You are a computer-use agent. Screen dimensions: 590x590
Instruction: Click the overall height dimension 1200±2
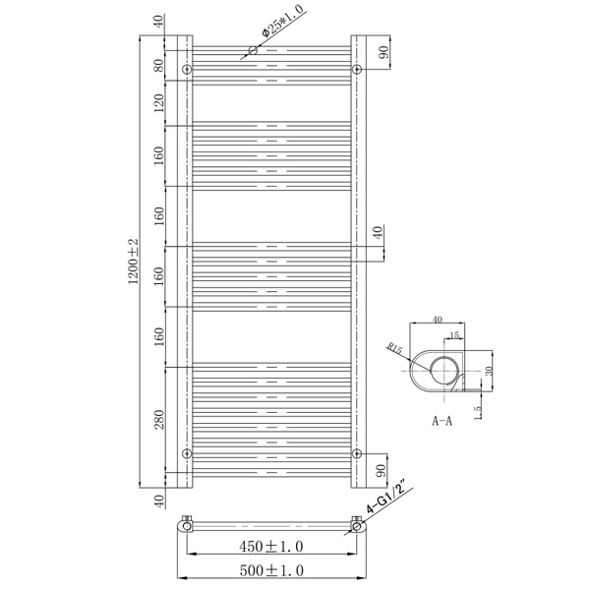click(134, 262)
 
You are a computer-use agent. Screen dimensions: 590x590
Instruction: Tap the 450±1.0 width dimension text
click(271, 547)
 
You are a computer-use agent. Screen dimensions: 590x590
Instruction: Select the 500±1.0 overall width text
click(271, 570)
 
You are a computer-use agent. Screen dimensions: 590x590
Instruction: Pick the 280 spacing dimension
click(159, 420)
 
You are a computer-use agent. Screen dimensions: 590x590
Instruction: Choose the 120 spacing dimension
click(159, 102)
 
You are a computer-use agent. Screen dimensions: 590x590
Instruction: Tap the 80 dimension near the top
click(159, 65)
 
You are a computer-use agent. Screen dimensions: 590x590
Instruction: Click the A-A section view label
click(442, 421)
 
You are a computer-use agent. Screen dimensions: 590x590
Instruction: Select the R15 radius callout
click(394, 348)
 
